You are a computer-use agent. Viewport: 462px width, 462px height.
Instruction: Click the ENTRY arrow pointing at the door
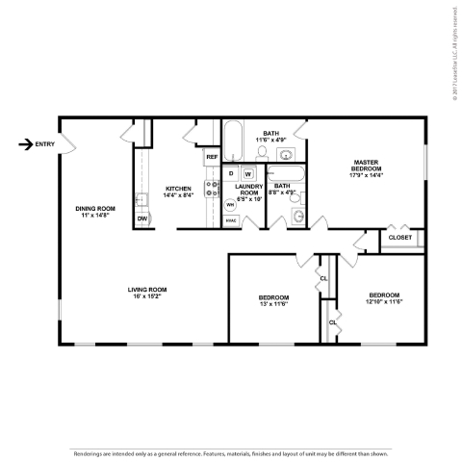25,144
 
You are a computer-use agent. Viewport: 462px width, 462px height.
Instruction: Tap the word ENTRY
45,144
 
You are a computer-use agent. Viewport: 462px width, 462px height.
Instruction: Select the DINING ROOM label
95,208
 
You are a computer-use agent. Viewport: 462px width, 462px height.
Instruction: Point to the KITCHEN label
178,189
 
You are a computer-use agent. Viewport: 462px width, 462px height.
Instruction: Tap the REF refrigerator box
211,156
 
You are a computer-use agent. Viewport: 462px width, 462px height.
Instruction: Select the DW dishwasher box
142,219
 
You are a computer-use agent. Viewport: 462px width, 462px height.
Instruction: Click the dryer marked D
232,173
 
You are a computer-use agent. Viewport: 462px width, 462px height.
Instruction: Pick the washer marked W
247,173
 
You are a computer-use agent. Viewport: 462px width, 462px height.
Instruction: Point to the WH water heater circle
231,204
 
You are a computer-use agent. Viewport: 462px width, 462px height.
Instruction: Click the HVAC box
231,220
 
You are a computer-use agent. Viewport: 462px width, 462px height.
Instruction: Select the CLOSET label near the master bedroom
399,237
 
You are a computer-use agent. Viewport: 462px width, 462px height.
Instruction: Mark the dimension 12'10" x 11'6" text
382,301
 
